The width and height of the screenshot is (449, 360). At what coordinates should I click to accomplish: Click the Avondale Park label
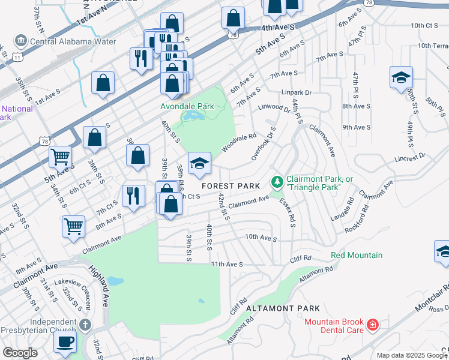187,106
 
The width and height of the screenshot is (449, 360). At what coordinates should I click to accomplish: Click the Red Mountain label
357,256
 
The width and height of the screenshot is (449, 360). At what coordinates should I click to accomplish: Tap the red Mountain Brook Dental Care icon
373,325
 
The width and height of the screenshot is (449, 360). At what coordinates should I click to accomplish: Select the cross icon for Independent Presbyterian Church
85,326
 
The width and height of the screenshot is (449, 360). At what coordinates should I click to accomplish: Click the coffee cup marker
65,341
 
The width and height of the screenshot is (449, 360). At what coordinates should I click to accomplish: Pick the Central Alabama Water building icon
21,41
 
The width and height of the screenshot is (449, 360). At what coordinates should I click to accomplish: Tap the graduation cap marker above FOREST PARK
200,163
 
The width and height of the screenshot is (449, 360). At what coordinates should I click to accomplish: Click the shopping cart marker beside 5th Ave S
61,157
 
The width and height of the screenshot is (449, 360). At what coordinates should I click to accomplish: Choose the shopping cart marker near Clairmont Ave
73,227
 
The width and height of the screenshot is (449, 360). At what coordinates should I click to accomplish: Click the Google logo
20,352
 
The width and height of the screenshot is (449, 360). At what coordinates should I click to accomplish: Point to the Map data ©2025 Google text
412,355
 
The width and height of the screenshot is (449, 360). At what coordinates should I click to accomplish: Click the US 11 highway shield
18,57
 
